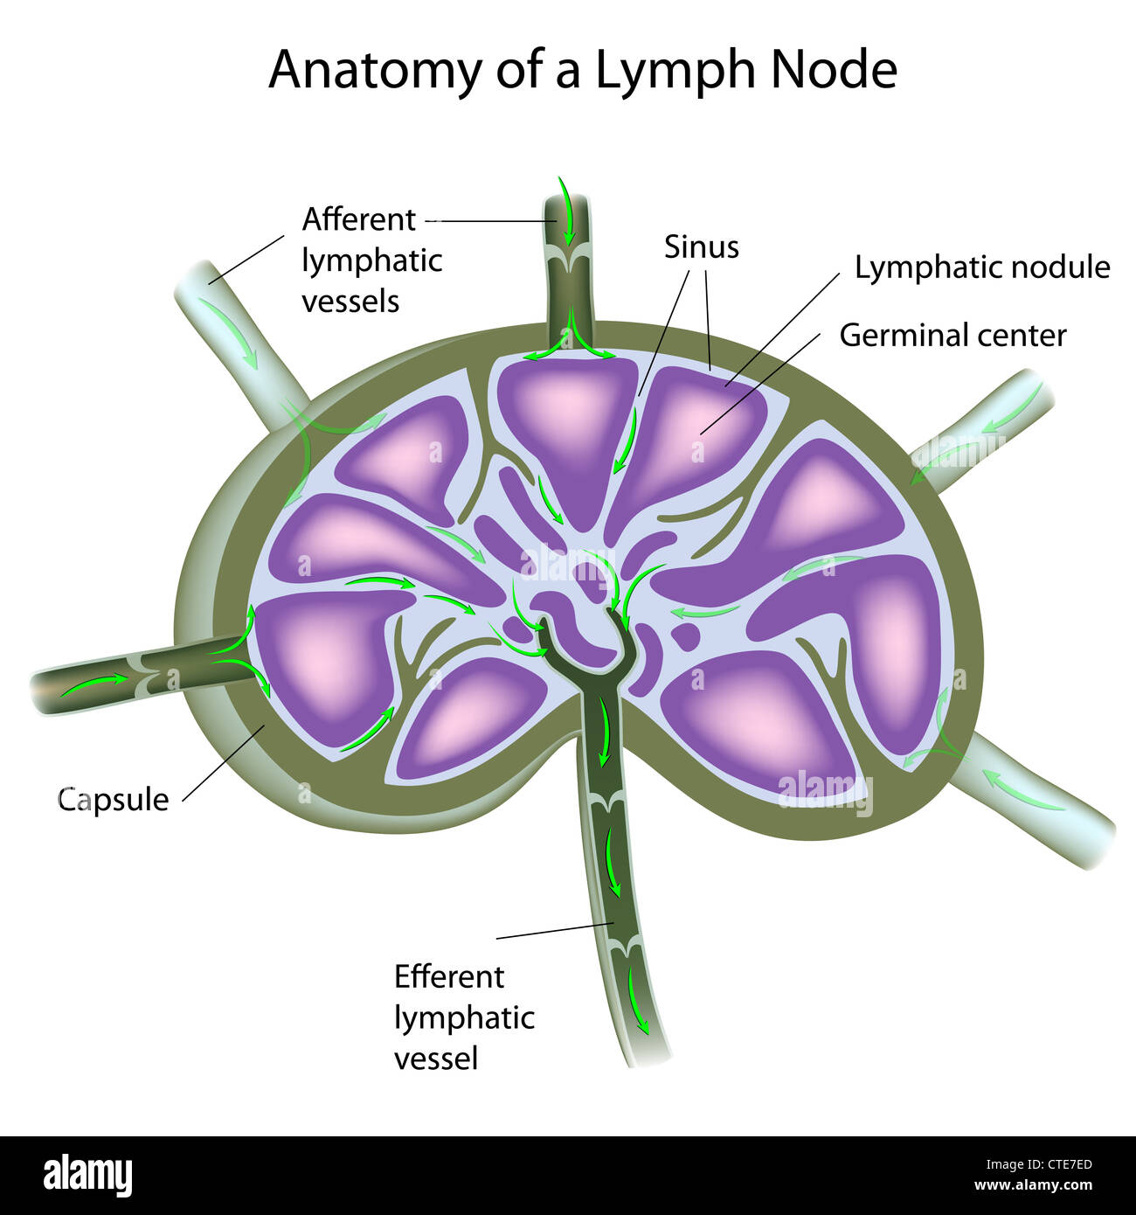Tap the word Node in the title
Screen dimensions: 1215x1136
click(x=834, y=70)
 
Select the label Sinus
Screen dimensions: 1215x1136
click(x=701, y=247)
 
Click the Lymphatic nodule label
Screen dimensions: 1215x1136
click(x=981, y=267)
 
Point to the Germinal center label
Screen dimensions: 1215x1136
click(x=952, y=336)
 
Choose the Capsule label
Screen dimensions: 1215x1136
click(x=113, y=800)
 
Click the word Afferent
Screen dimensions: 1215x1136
click(x=358, y=219)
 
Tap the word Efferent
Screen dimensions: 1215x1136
click(x=448, y=976)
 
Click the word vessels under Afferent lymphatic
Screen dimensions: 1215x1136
click(x=350, y=302)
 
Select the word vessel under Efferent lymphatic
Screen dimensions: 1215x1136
click(x=436, y=1059)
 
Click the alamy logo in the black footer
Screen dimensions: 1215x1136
click(x=88, y=1176)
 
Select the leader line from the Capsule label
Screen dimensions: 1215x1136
click(x=222, y=763)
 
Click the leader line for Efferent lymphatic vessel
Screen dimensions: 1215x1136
click(x=554, y=931)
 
